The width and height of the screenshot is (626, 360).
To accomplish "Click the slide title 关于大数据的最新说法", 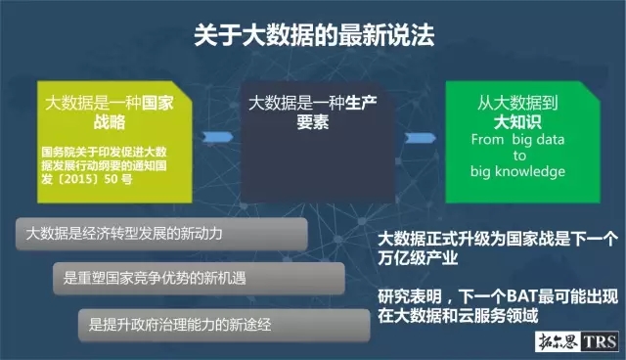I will pos(312,35).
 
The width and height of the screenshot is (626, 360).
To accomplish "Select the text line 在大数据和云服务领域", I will pos(457,317).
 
